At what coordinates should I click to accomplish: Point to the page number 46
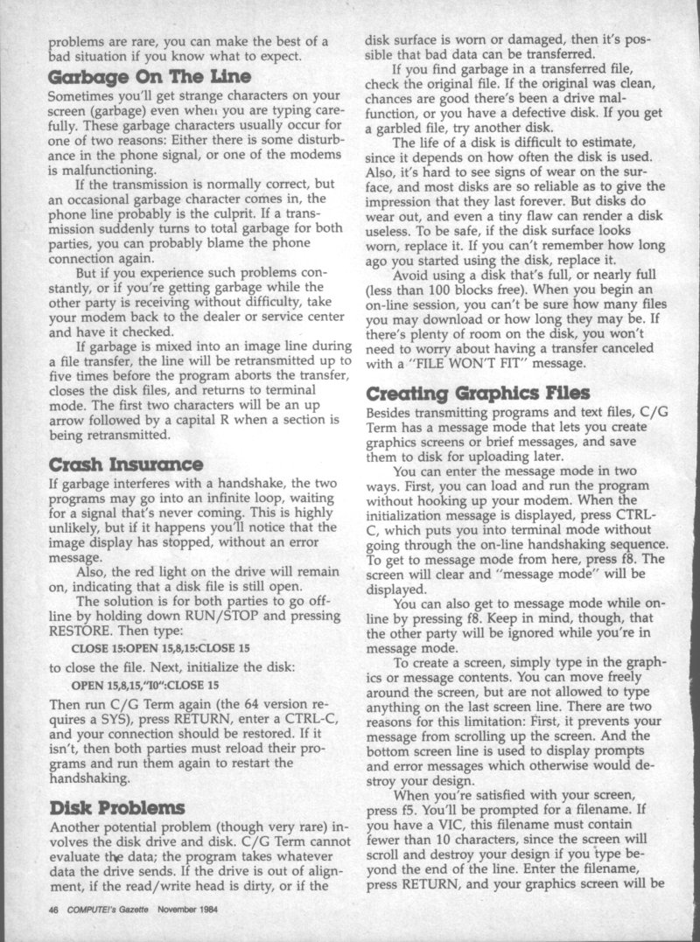[53, 909]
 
